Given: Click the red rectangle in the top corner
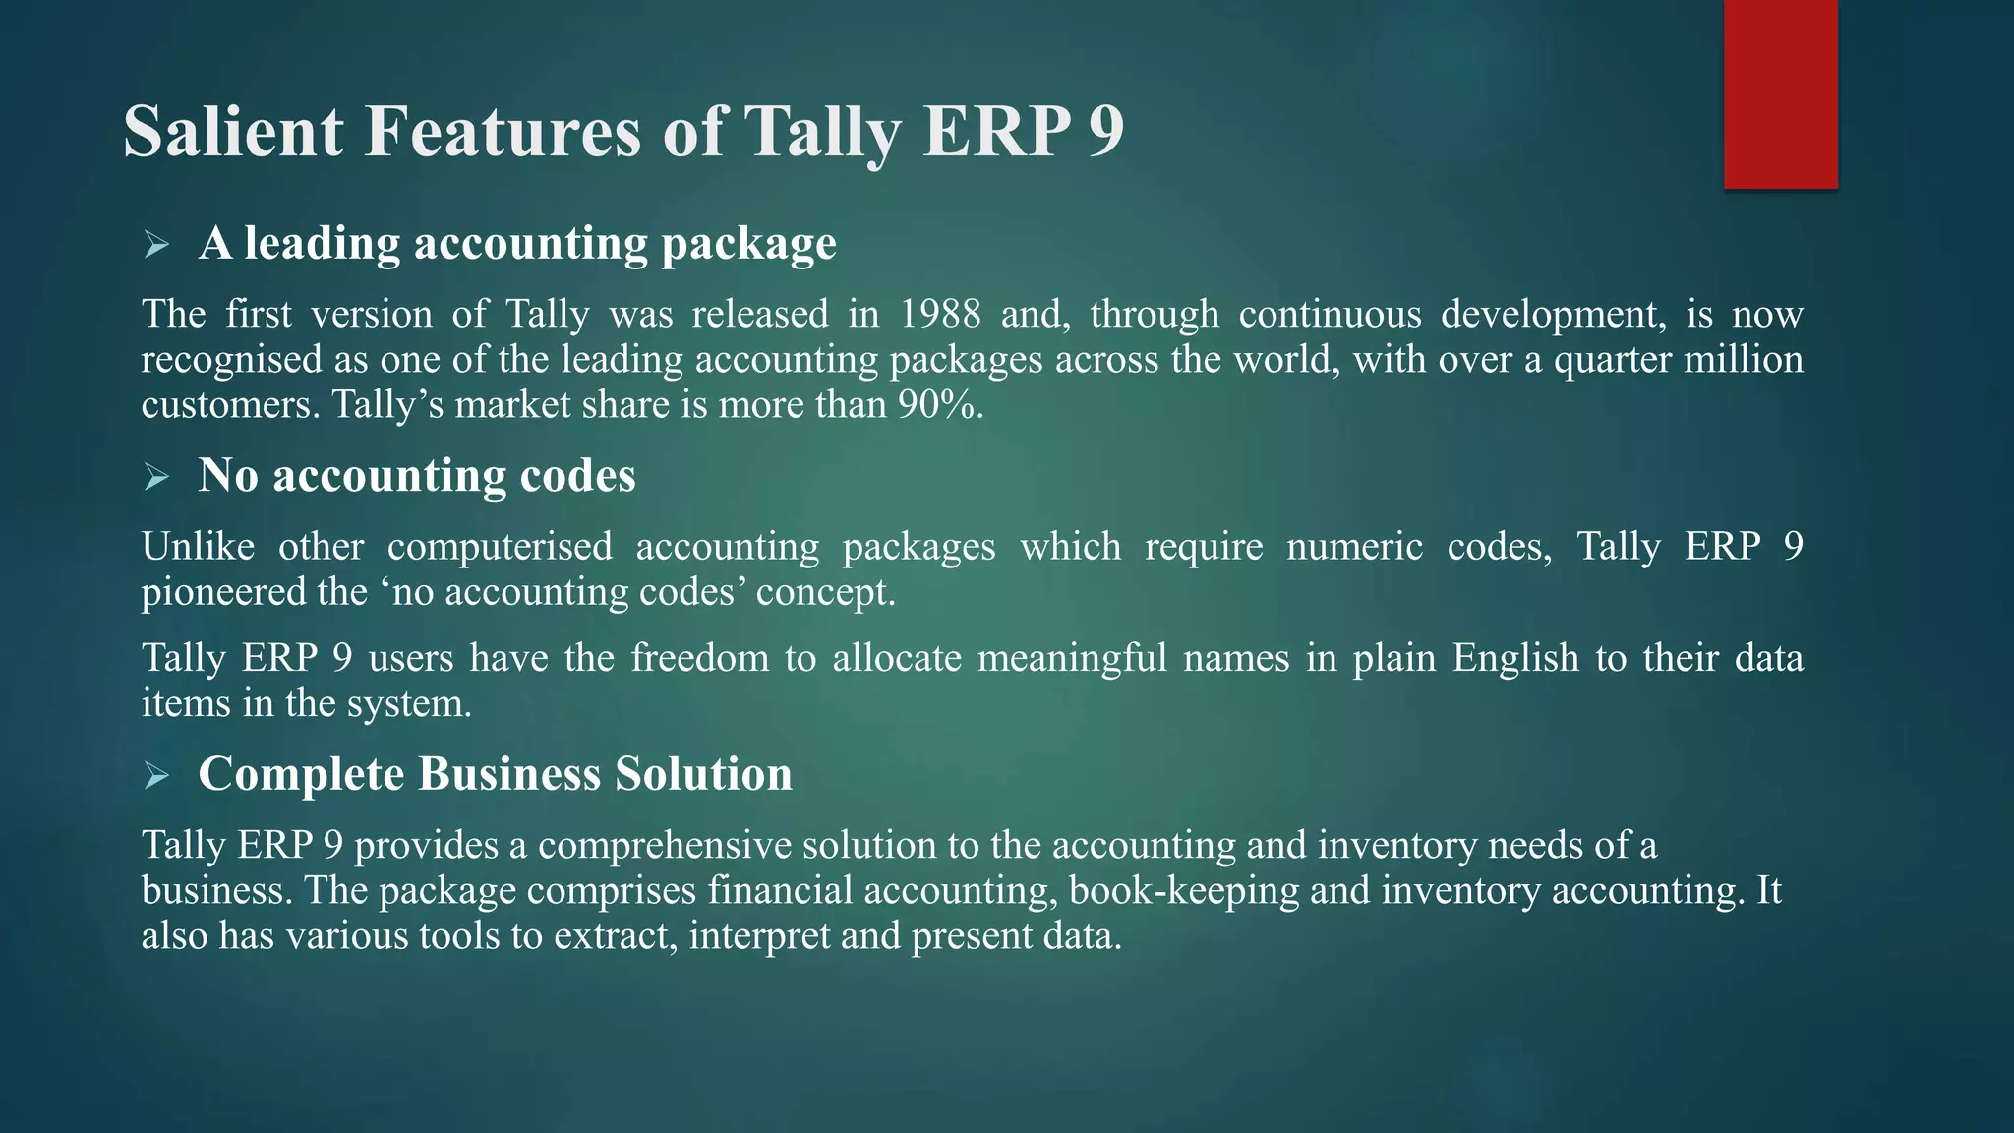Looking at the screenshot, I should (1780, 93).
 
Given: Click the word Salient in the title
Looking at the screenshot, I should (233, 131).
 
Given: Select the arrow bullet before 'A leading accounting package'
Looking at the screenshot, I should (156, 244).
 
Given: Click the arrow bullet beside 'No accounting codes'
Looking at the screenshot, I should (156, 477).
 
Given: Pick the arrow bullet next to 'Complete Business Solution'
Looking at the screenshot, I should (156, 776).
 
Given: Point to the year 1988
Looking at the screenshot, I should (940, 315).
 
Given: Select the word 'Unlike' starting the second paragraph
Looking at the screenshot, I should (198, 547).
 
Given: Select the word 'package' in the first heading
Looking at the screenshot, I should (748, 244).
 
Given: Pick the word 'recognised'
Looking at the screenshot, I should (231, 360).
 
